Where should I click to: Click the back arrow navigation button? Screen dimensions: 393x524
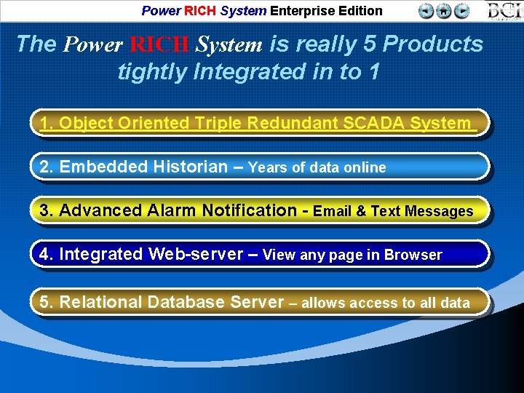[426, 10]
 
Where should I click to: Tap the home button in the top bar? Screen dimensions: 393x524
[444, 10]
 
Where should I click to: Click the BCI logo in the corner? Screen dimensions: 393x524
[504, 10]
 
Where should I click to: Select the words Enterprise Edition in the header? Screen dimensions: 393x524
[326, 10]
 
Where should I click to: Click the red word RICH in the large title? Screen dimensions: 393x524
[160, 44]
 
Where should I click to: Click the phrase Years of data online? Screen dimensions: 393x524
[317, 167]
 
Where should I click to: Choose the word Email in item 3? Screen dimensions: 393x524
[333, 211]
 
